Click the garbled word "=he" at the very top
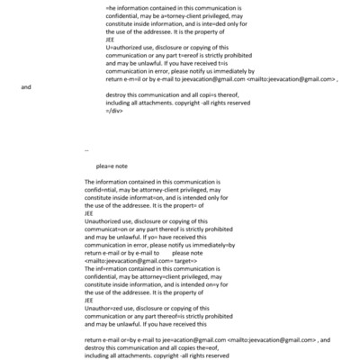[x=111, y=6]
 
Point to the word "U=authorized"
[x=124, y=49]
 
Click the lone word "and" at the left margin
[x=25, y=87]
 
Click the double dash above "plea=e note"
[x=85, y=149]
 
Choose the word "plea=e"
[x=107, y=166]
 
